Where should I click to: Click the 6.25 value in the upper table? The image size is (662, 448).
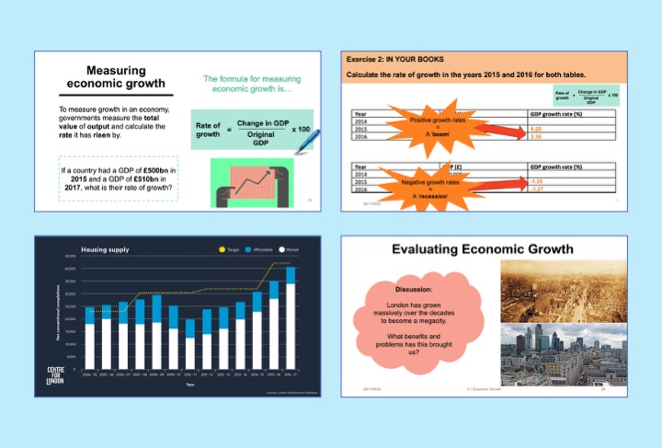[536, 129]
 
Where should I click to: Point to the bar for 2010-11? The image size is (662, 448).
[190, 343]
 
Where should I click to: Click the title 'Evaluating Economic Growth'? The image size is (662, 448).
[483, 249]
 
